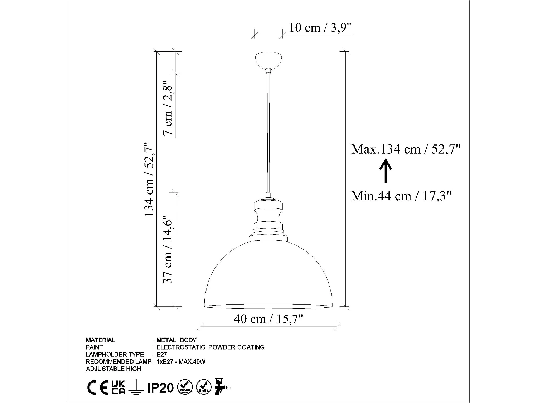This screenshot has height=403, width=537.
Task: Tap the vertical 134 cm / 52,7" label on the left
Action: (149, 178)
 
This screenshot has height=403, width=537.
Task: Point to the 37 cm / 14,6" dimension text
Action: (168, 249)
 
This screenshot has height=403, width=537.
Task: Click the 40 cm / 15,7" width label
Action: (268, 318)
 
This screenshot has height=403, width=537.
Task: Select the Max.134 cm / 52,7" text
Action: (405, 149)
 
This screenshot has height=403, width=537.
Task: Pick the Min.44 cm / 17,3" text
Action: (401, 196)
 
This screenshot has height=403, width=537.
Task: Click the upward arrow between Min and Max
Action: (385, 172)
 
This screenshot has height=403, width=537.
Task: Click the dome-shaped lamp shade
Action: (268, 276)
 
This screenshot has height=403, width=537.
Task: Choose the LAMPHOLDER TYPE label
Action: (115, 354)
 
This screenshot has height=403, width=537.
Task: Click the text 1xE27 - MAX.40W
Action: (181, 361)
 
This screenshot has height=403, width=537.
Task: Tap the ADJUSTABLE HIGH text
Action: (113, 369)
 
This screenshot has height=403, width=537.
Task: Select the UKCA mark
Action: (118, 388)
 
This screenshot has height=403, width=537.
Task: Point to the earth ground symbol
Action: (136, 388)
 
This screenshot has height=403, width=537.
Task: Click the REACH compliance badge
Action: (185, 387)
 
